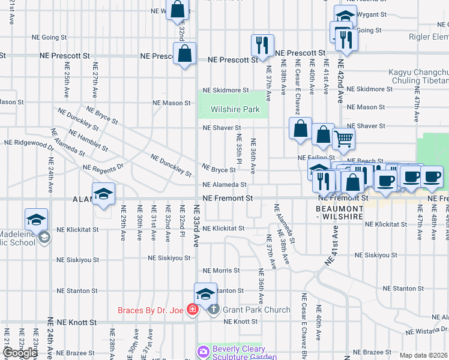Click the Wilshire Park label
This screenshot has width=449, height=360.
pyautogui.click(x=235, y=109)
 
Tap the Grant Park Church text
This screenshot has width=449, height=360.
pyautogui.click(x=256, y=310)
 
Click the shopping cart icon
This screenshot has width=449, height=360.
pyautogui.click(x=343, y=139)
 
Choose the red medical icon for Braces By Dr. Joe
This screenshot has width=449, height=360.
pyautogui.click(x=193, y=310)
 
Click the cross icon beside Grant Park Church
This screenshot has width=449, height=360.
pyautogui.click(x=213, y=310)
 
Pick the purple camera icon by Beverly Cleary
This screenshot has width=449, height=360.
pyautogui.click(x=203, y=350)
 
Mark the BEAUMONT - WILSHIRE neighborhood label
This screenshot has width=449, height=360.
pyautogui.click(x=339, y=211)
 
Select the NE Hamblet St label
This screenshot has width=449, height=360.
pyautogui.click(x=88, y=139)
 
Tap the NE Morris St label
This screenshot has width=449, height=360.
pyautogui.click(x=221, y=271)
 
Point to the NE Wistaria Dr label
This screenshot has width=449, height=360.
pyautogui.click(x=426, y=330)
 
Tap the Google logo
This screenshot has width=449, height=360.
pyautogui.click(x=20, y=353)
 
